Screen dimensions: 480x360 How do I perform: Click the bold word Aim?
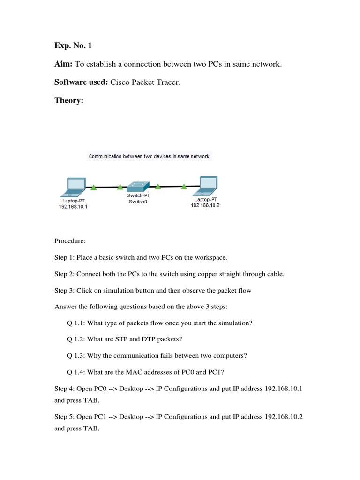(65, 64)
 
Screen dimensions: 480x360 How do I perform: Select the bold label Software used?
(81, 82)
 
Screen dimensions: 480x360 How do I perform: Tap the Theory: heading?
(68, 100)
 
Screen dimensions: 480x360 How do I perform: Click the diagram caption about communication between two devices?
(150, 156)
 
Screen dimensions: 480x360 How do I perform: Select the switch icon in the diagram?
(139, 186)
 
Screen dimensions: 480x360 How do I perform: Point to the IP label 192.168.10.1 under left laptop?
(73, 207)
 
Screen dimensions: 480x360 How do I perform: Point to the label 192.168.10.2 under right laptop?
(205, 205)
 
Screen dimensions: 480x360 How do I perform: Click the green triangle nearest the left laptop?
(94, 187)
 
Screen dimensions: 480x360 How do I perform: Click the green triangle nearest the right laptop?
(184, 187)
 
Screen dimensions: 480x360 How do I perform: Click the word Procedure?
(70, 241)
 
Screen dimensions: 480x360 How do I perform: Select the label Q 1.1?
(76, 323)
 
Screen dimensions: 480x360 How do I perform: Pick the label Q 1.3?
(76, 355)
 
